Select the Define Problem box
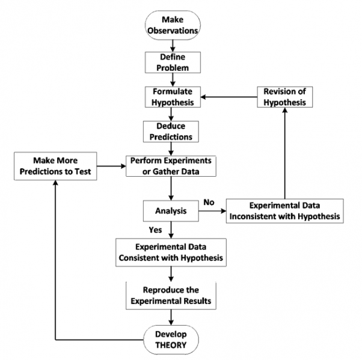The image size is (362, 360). pyautogui.click(x=172, y=62)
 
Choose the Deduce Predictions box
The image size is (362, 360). pyautogui.click(x=172, y=132)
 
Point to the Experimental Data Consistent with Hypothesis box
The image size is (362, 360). pyautogui.click(x=172, y=252)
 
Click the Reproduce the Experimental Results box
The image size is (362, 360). pyautogui.click(x=172, y=295)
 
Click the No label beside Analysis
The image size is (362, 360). pyautogui.click(x=209, y=203)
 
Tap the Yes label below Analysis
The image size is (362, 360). pyautogui.click(x=155, y=230)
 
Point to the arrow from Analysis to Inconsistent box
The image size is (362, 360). pyautogui.click(x=213, y=212)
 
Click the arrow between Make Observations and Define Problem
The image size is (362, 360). pyautogui.click(x=172, y=44)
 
